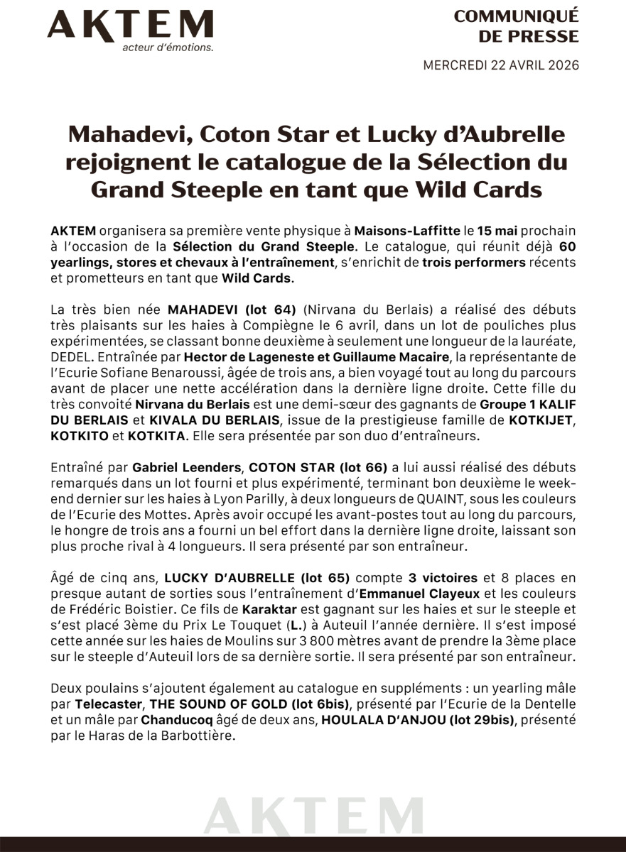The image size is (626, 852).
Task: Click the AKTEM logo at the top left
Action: tap(130, 26)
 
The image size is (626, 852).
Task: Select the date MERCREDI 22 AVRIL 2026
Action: tap(501, 65)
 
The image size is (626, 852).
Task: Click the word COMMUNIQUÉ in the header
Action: tap(517, 16)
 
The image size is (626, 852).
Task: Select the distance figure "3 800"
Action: tap(296, 640)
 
